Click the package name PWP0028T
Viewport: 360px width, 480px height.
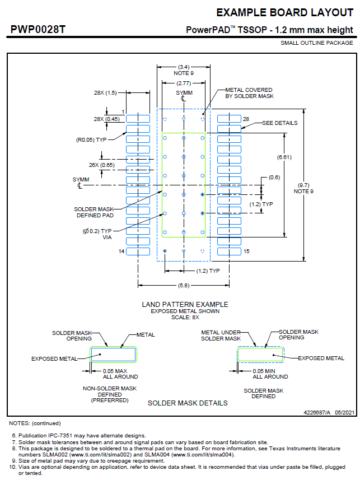[38, 29]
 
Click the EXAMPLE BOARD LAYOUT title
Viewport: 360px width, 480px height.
[284, 13]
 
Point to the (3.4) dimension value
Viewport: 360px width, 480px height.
[183, 67]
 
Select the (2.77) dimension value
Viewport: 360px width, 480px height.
[183, 83]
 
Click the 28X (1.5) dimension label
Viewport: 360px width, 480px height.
[105, 92]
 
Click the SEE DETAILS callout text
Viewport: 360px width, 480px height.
[280, 123]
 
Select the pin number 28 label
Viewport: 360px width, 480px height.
[246, 119]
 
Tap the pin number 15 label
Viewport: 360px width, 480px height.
[246, 251]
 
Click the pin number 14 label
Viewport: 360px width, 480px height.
[120, 251]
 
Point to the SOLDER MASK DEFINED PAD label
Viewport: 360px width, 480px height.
[93, 212]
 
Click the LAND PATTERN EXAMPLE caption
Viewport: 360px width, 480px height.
[185, 304]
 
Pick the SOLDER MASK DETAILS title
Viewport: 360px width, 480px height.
[188, 403]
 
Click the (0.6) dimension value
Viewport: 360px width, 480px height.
[274, 178]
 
